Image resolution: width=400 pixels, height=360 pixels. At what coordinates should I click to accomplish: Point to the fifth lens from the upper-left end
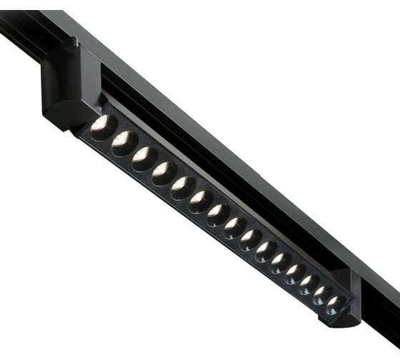183,187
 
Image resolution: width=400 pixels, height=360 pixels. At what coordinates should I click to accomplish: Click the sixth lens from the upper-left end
201,201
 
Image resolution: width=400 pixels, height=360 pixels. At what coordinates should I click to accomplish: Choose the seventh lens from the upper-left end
219,214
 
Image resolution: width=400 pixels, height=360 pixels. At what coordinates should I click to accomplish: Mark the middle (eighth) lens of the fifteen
235,227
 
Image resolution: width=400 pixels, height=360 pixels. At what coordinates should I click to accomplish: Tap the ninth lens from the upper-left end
251,239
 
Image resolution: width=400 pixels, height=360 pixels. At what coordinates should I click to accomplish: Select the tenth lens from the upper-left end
266,251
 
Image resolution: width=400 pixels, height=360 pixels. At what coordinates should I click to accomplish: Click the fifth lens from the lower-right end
281,263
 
